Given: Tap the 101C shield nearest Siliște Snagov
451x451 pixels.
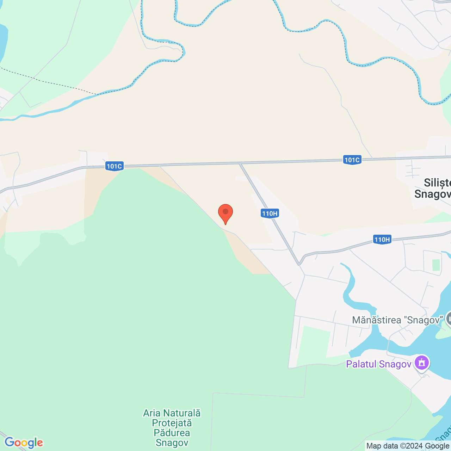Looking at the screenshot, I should pyautogui.click(x=352, y=160).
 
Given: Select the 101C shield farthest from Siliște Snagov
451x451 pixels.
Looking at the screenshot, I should pyautogui.click(x=114, y=166).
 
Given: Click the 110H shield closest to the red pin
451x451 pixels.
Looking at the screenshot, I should pyautogui.click(x=270, y=213).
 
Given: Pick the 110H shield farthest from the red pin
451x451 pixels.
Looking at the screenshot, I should pyautogui.click(x=382, y=240).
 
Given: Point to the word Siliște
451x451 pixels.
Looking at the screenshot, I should pyautogui.click(x=437, y=183).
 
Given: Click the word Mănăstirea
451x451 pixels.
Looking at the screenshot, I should pyautogui.click(x=377, y=320).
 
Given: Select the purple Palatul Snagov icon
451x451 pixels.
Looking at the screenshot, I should pyautogui.click(x=422, y=363).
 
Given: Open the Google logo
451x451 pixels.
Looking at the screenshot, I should pyautogui.click(x=24, y=442).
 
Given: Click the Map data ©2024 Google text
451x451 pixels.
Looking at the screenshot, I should pyautogui.click(x=408, y=446).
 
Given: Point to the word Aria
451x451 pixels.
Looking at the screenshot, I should pyautogui.click(x=152, y=413).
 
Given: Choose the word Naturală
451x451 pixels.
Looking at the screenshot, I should pyautogui.click(x=181, y=413).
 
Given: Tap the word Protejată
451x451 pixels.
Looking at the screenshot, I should pyautogui.click(x=172, y=423).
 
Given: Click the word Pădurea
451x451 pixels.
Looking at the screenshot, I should pyautogui.click(x=172, y=433).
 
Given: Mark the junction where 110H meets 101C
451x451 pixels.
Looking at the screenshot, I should pyautogui.click(x=240, y=163).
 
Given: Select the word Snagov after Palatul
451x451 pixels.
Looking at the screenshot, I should pyautogui.click(x=395, y=364).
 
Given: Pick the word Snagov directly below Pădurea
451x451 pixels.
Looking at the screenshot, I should pyautogui.click(x=172, y=443).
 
